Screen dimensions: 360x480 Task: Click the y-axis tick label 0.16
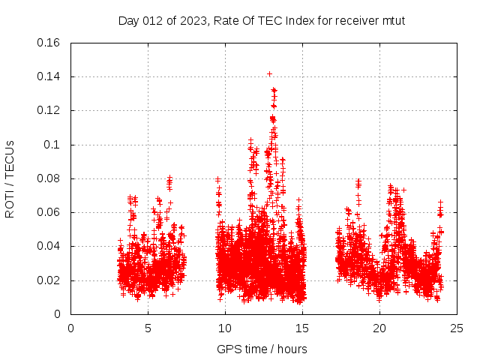[49, 43]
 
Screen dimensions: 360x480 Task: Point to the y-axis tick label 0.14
[49, 76]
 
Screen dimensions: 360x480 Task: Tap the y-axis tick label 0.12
[49, 110]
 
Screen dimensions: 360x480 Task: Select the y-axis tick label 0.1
[53, 145]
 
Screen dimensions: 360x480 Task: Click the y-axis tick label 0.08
[49, 178]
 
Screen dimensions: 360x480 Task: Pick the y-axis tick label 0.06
[49, 212]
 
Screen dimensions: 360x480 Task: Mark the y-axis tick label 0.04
[49, 246]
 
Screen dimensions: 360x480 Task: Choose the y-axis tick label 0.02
[49, 280]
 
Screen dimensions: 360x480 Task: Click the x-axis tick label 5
[148, 328]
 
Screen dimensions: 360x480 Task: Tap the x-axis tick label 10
[225, 328]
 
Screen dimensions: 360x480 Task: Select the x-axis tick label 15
[302, 328]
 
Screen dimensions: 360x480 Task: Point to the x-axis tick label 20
[379, 328]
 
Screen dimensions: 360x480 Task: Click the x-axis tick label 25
[457, 328]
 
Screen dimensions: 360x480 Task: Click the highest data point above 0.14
[269, 73]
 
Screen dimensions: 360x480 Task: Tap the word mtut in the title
[393, 20]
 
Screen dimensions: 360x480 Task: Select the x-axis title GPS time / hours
[262, 349]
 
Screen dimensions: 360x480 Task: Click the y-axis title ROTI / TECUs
[10, 178]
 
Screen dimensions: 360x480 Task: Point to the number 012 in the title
[154, 20]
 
